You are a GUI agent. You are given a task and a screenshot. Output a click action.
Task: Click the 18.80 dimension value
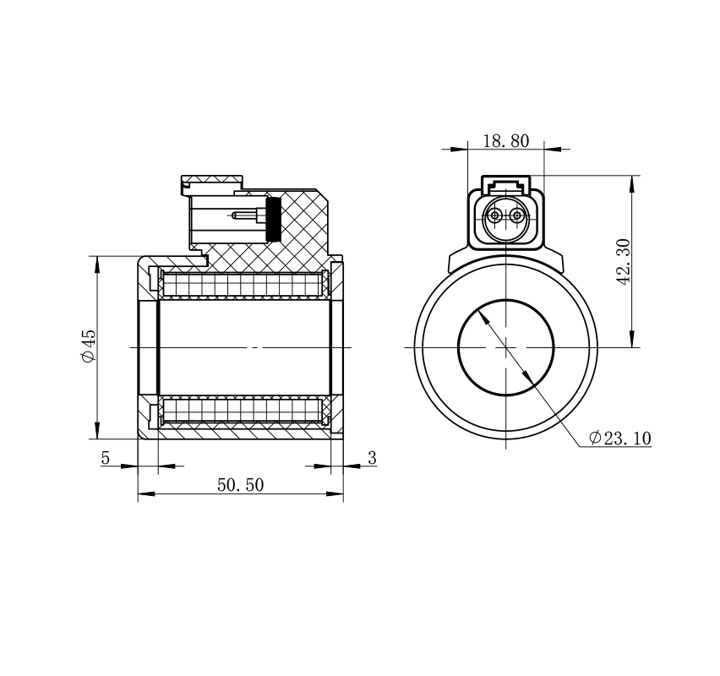click(506, 141)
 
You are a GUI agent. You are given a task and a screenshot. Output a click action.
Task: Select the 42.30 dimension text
click(625, 262)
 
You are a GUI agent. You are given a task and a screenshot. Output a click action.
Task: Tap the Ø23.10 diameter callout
click(620, 439)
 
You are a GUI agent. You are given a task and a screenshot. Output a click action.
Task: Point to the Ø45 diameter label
click(89, 346)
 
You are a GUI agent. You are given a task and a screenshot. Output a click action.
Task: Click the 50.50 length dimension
click(241, 485)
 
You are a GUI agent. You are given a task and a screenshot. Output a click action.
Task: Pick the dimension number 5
click(106, 458)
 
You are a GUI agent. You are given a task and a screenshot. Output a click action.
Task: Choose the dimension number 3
click(372, 458)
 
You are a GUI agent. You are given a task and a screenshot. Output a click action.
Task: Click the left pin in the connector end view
click(495, 215)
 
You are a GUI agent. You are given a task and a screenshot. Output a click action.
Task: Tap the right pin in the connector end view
click(517, 215)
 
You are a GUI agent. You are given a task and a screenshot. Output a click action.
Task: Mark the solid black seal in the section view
click(274, 219)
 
